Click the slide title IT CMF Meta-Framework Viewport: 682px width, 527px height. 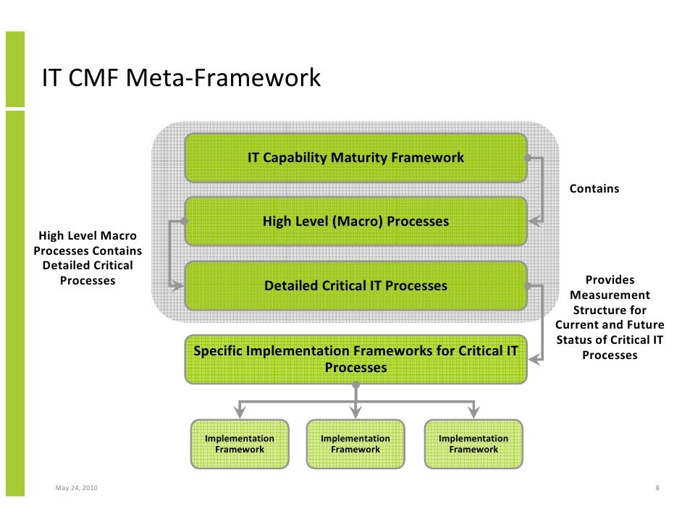click(x=181, y=77)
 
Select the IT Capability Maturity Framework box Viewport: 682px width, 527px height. click(x=355, y=158)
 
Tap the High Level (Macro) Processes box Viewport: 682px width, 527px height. click(x=355, y=221)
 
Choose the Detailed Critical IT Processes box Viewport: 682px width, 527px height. click(x=355, y=286)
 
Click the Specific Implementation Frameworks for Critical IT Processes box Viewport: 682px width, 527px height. click(x=355, y=359)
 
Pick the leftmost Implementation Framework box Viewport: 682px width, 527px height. click(x=240, y=444)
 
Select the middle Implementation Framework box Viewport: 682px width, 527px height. click(x=355, y=444)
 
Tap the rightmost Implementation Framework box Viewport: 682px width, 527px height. click(x=473, y=444)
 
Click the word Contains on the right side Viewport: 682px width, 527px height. click(x=594, y=189)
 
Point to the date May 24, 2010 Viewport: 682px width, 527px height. click(x=76, y=488)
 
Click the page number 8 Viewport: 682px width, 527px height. click(x=657, y=488)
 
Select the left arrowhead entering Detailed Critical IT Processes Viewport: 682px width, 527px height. click(x=178, y=286)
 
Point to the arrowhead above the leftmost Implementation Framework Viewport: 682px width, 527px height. click(x=240, y=413)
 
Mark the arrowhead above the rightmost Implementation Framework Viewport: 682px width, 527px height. click(x=473, y=413)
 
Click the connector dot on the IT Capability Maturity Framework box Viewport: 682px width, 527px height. click(x=529, y=157)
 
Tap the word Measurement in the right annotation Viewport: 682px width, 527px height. click(x=610, y=295)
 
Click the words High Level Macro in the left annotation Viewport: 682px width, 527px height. click(x=87, y=236)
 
